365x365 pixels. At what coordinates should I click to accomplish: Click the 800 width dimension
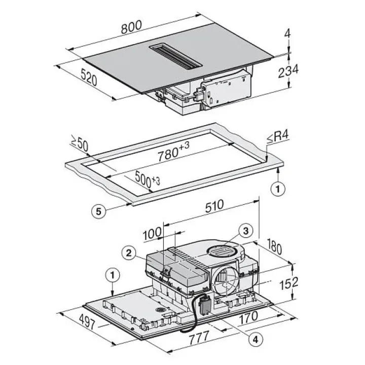tap(131, 27)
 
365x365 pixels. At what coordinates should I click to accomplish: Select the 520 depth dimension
tap(89, 77)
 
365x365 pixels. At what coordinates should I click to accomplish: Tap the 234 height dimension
tap(288, 71)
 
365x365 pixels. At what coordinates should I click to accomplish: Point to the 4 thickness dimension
tap(288, 34)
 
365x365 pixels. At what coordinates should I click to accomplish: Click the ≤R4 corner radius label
tap(278, 137)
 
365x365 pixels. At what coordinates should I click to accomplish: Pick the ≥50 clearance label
tap(80, 144)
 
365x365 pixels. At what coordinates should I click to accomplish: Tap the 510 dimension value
tap(214, 206)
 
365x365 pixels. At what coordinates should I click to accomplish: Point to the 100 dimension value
tap(152, 234)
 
